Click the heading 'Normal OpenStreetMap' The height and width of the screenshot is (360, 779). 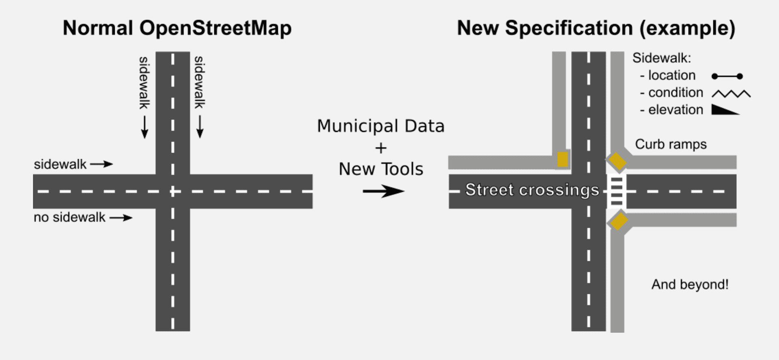point(177,28)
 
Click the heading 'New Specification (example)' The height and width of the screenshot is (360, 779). point(596,28)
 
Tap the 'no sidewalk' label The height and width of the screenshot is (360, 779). point(69,218)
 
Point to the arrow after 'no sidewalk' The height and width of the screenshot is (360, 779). point(121,218)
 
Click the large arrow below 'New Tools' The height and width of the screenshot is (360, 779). point(383,191)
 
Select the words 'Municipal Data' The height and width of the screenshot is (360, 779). point(381,126)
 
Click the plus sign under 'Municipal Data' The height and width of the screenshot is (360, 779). point(381,148)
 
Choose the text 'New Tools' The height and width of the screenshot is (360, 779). point(381,169)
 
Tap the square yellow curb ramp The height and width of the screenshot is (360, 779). point(562,160)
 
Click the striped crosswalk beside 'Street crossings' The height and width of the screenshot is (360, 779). point(616,191)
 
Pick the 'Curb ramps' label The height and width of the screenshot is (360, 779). point(671,144)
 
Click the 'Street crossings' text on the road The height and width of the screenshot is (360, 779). point(532,190)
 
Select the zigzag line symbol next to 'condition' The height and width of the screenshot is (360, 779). point(731,94)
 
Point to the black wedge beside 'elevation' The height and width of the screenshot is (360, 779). point(725,110)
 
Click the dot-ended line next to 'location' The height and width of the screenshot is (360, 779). point(727,76)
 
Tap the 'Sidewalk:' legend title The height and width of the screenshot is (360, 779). point(661,58)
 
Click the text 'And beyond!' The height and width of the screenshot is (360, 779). point(690,285)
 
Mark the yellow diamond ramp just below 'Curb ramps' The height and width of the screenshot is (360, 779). point(616,161)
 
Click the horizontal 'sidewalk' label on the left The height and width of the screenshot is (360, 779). point(60,164)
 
